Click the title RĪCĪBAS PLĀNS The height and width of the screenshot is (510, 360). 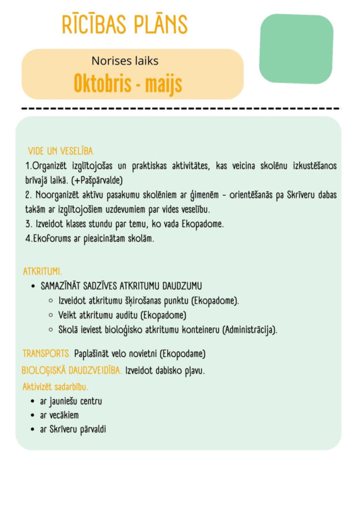124,25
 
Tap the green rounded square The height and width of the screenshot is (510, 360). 296,48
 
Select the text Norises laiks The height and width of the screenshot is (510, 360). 124,61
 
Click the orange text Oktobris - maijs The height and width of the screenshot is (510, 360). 127,84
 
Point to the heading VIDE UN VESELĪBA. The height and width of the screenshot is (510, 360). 61,151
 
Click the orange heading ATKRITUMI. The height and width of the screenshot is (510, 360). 43,271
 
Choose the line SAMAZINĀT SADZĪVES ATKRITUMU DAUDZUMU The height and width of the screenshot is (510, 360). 120,286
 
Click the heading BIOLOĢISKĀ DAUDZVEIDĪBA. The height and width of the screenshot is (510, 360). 71,370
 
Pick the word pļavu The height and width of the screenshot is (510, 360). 194,370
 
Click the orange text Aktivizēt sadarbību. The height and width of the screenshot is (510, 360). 55,386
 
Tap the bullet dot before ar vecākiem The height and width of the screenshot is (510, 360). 33,415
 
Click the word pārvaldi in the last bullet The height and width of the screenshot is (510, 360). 93,429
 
